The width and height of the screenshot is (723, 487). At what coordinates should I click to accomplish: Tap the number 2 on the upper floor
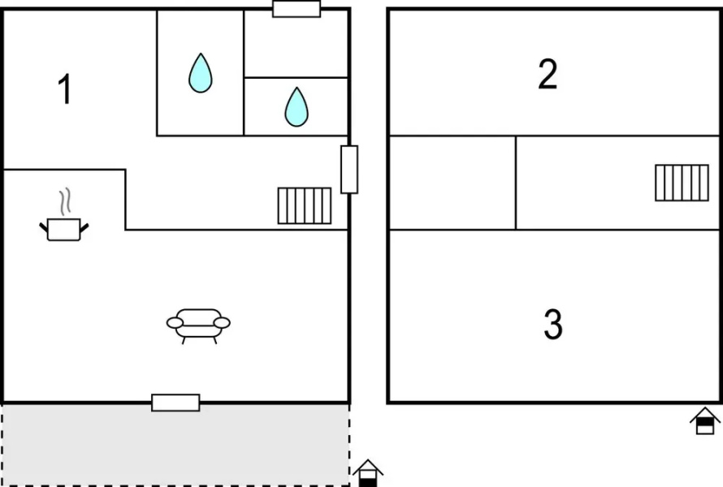tap(548, 74)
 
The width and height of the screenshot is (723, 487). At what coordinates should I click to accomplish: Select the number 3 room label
tap(553, 325)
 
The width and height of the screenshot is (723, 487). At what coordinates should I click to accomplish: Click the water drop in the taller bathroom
tap(201, 73)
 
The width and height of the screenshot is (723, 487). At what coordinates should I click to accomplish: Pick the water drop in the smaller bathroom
tap(297, 107)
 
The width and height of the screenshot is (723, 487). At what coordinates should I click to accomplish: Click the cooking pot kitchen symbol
tap(64, 229)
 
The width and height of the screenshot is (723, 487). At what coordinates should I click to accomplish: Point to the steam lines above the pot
tap(66, 200)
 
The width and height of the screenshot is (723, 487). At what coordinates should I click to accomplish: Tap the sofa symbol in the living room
tap(198, 325)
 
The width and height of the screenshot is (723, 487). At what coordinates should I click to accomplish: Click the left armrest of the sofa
tap(175, 323)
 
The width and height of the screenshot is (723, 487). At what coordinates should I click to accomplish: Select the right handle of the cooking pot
tap(84, 227)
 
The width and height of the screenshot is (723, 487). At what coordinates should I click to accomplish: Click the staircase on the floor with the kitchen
tap(305, 205)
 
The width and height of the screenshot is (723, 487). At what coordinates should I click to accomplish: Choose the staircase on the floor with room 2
tap(682, 183)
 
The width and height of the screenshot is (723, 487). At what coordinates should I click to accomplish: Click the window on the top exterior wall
tap(297, 9)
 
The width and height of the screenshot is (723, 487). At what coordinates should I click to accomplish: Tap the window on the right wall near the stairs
tap(349, 170)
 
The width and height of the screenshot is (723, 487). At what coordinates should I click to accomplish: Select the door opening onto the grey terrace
tap(175, 403)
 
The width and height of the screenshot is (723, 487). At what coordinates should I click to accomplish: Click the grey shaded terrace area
tap(175, 444)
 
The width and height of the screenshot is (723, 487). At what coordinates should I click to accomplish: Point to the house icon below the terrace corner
tap(368, 473)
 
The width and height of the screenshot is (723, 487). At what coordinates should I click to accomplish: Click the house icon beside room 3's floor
tap(705, 420)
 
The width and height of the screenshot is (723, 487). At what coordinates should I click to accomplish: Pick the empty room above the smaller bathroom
tap(296, 44)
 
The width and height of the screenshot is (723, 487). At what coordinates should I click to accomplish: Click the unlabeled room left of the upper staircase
tap(452, 183)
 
